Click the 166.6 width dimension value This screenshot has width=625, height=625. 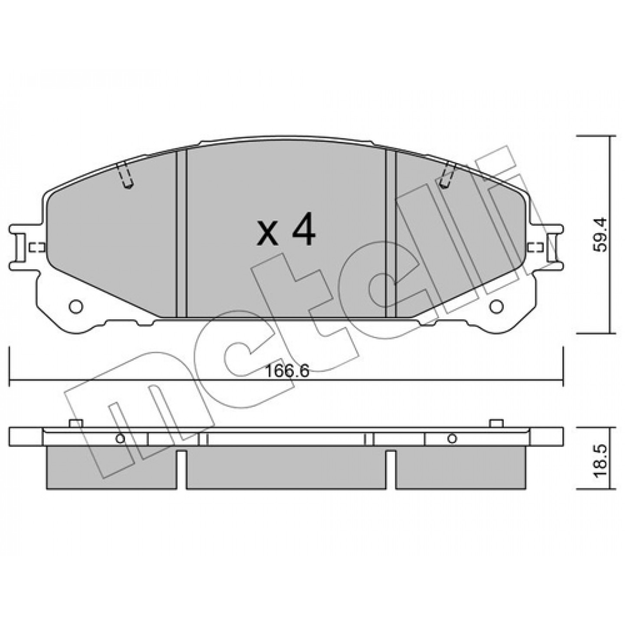tap(286, 371)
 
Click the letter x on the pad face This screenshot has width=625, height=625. tap(268, 234)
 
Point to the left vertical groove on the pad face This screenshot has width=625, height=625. tap(181, 235)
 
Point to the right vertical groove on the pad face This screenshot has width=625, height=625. tap(391, 235)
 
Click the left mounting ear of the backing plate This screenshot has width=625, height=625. tap(20, 247)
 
